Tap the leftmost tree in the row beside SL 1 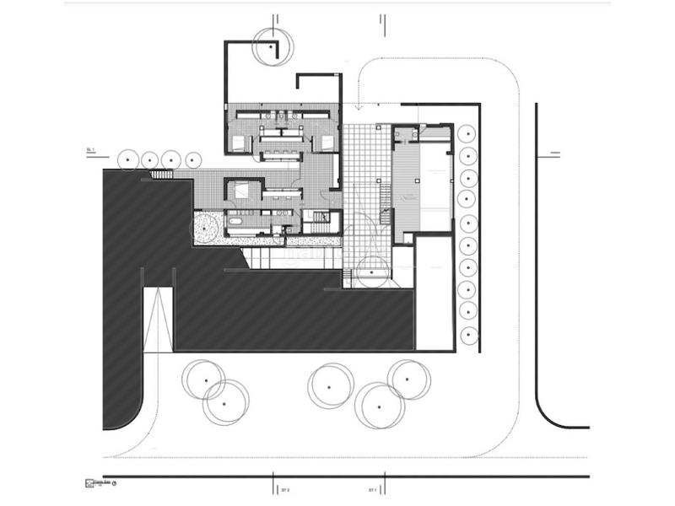(129, 159)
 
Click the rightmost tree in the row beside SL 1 (193, 159)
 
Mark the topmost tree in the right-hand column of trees (467, 134)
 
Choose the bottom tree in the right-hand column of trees (467, 334)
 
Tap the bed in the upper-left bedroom (240, 142)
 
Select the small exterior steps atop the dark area (161, 174)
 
